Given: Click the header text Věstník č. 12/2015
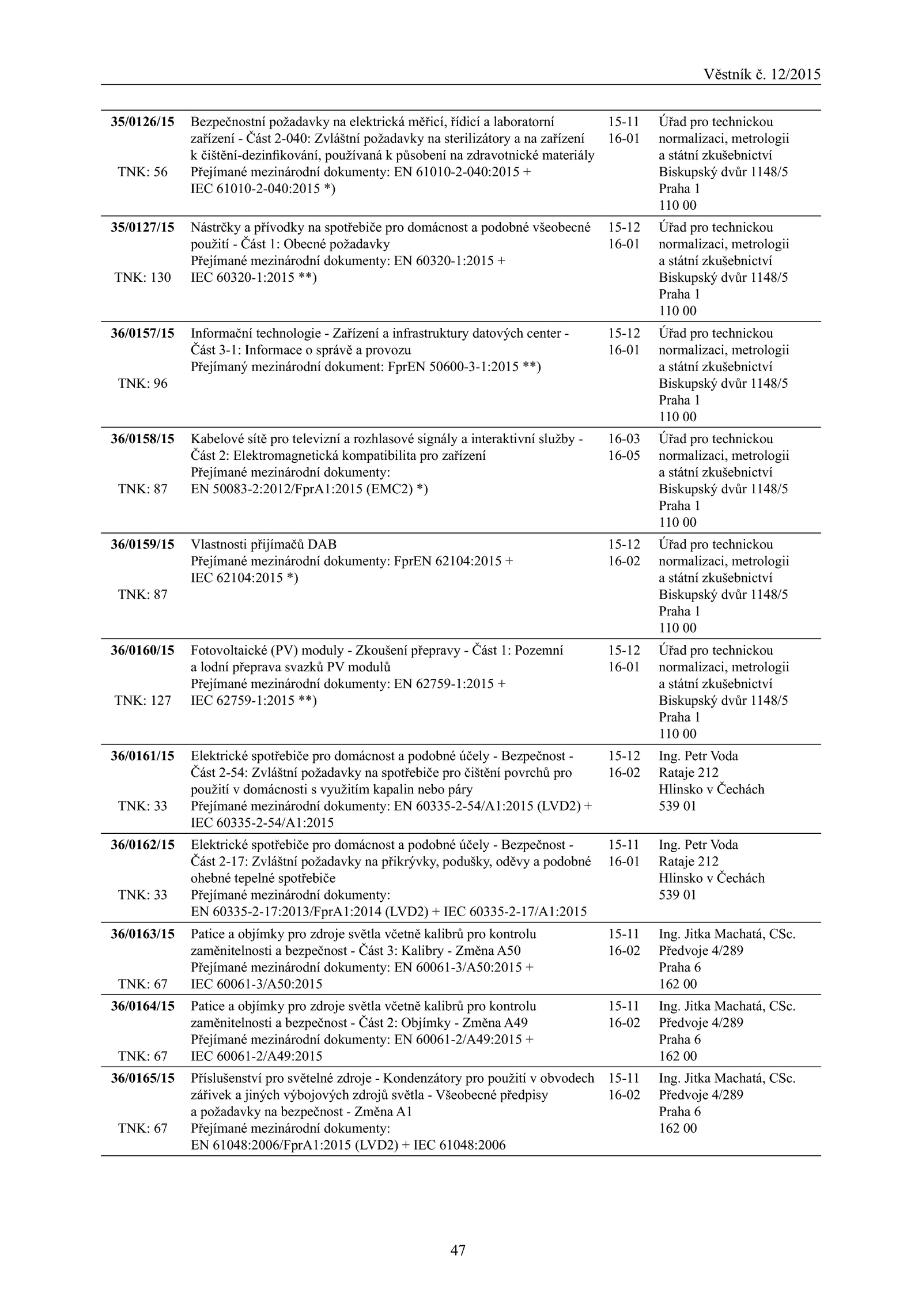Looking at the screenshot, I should [x=762, y=74].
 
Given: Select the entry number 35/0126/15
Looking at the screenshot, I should [x=142, y=122].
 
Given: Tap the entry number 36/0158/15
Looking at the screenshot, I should [x=142, y=439].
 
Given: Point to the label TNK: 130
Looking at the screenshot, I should [x=142, y=278].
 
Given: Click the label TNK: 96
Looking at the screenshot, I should [x=142, y=384].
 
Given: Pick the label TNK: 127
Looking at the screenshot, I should [x=142, y=701].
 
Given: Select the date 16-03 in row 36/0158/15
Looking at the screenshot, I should [x=624, y=439].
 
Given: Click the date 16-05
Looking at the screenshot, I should [x=624, y=456].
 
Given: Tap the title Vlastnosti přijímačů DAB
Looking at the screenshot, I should [x=263, y=545].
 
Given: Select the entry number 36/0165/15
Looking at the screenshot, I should [x=142, y=1079].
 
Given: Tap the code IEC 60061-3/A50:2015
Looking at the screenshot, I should [x=256, y=984].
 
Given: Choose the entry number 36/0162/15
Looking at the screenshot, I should [x=142, y=845].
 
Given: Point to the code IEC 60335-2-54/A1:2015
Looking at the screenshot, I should [x=262, y=823].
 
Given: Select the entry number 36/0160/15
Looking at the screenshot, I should [x=142, y=651].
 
